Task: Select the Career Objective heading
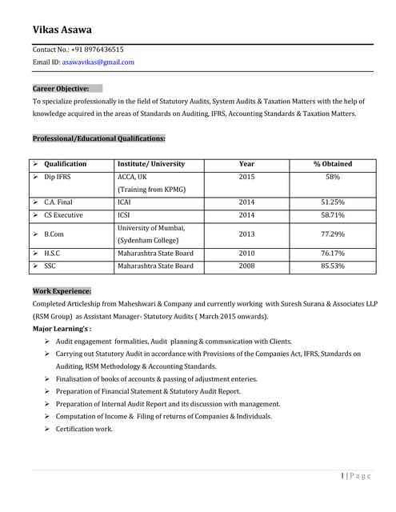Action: click(61, 89)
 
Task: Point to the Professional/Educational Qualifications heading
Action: click(98, 138)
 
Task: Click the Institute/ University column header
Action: click(151, 164)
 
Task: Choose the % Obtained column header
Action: click(333, 164)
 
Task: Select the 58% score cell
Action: click(333, 177)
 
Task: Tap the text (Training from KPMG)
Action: click(151, 190)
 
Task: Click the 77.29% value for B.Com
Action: click(333, 234)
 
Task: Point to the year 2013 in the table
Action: click(246, 234)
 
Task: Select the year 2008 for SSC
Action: click(246, 266)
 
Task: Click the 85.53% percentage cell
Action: click(333, 266)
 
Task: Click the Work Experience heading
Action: click(62, 291)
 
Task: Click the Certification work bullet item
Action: click(84, 429)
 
